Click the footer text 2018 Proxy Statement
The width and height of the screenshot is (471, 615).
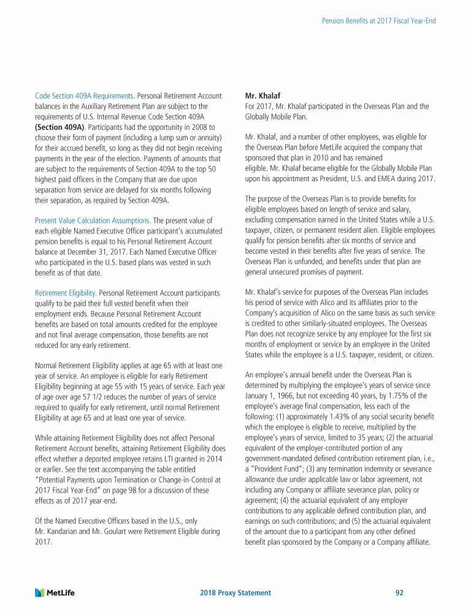pos(235,593)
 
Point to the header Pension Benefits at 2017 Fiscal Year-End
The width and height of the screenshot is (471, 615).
pos(379,21)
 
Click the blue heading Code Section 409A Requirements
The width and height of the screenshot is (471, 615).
pos(84,96)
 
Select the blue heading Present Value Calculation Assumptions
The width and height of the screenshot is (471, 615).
pos(92,221)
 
